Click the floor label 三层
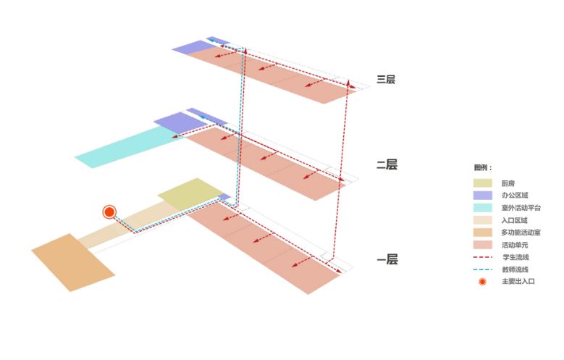[387, 80]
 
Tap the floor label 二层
[387, 165]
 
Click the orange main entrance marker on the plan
[109, 212]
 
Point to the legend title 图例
[483, 167]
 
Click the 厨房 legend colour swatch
[482, 183]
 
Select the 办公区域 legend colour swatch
[482, 196]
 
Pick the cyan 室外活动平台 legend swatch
[482, 208]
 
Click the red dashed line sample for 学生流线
[482, 257]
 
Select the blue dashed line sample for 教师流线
[482, 269]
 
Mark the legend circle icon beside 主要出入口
[482, 281]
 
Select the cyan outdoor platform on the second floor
[127, 148]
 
